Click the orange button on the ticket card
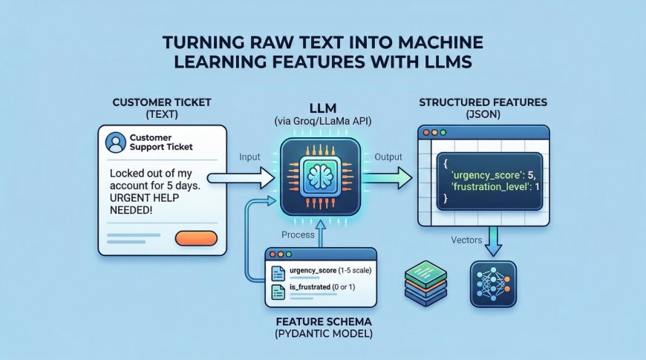(x=195, y=238)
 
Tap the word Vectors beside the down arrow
(x=468, y=239)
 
